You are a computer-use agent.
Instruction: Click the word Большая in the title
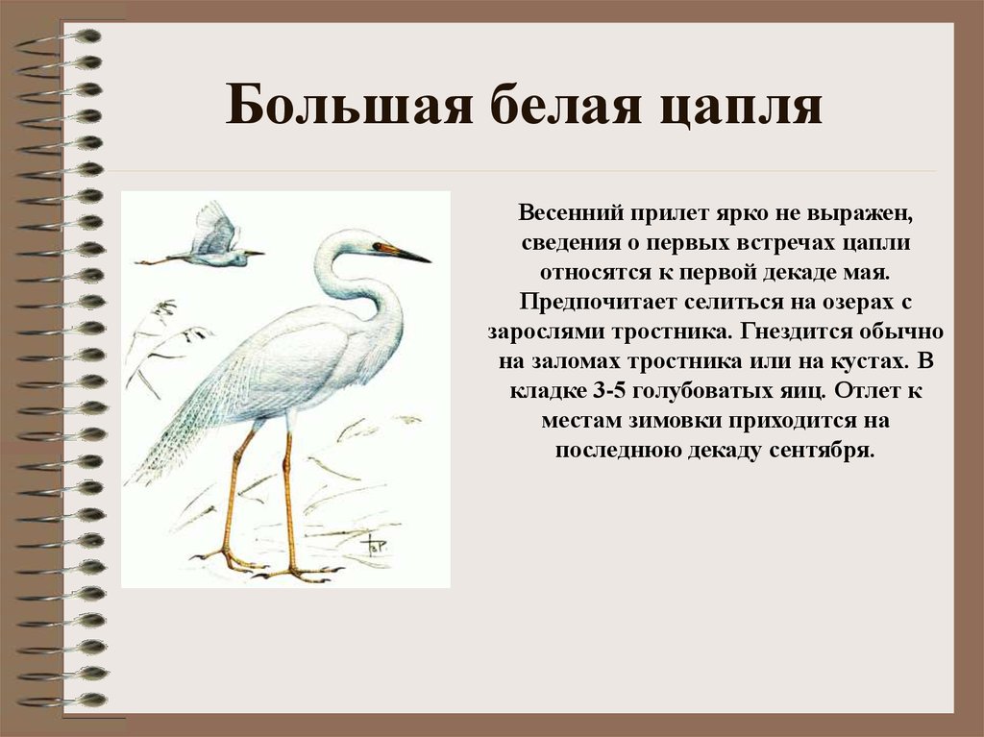[348, 104]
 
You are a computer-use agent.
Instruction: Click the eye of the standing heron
[377, 245]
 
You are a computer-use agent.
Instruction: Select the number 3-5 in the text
[608, 390]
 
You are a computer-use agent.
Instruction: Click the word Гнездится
[796, 332]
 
